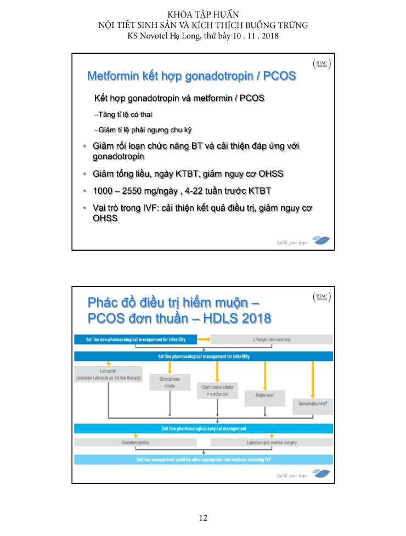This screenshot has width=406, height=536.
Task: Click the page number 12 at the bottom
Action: tap(203, 518)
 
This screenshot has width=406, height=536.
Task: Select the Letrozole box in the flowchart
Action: tap(108, 374)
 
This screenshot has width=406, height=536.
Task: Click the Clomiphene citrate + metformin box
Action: tap(217, 391)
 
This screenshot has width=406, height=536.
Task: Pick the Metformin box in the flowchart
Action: tap(264, 394)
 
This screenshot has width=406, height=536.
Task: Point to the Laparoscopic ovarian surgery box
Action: tap(272, 442)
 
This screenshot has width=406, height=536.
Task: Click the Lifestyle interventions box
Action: tap(272, 340)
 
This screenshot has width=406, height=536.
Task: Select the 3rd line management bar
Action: tap(204, 459)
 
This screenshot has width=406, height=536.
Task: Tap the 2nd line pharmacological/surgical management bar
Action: tap(204, 428)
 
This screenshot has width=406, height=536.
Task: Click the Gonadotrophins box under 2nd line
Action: tap(136, 442)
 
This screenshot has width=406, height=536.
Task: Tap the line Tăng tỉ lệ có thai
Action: tap(123, 115)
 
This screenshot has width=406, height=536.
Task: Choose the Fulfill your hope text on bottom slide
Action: tap(292, 475)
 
